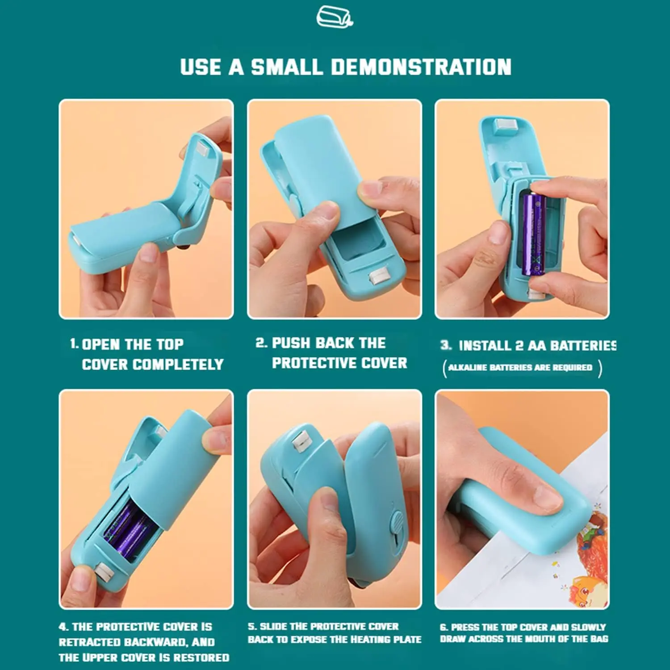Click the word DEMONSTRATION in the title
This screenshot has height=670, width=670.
(x=421, y=67)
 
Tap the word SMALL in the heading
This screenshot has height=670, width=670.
(x=286, y=67)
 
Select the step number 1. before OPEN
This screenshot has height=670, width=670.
(x=74, y=344)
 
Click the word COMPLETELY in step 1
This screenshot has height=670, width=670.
(x=178, y=364)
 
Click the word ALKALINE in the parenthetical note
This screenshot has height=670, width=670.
(x=467, y=368)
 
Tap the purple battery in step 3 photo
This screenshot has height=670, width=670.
(x=534, y=234)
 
